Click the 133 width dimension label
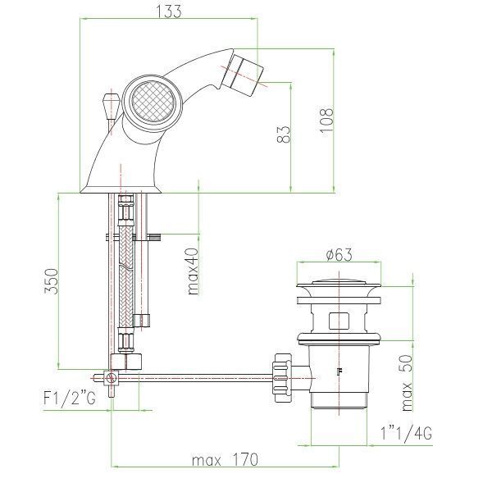click(x=168, y=11)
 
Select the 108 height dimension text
click(x=326, y=121)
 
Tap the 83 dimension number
click(x=284, y=134)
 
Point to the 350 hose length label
click(x=51, y=281)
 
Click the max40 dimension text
click(x=193, y=271)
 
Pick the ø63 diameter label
click(x=339, y=254)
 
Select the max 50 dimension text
click(x=407, y=383)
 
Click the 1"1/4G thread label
click(x=406, y=433)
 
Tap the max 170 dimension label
click(x=225, y=460)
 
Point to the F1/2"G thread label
click(x=70, y=399)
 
